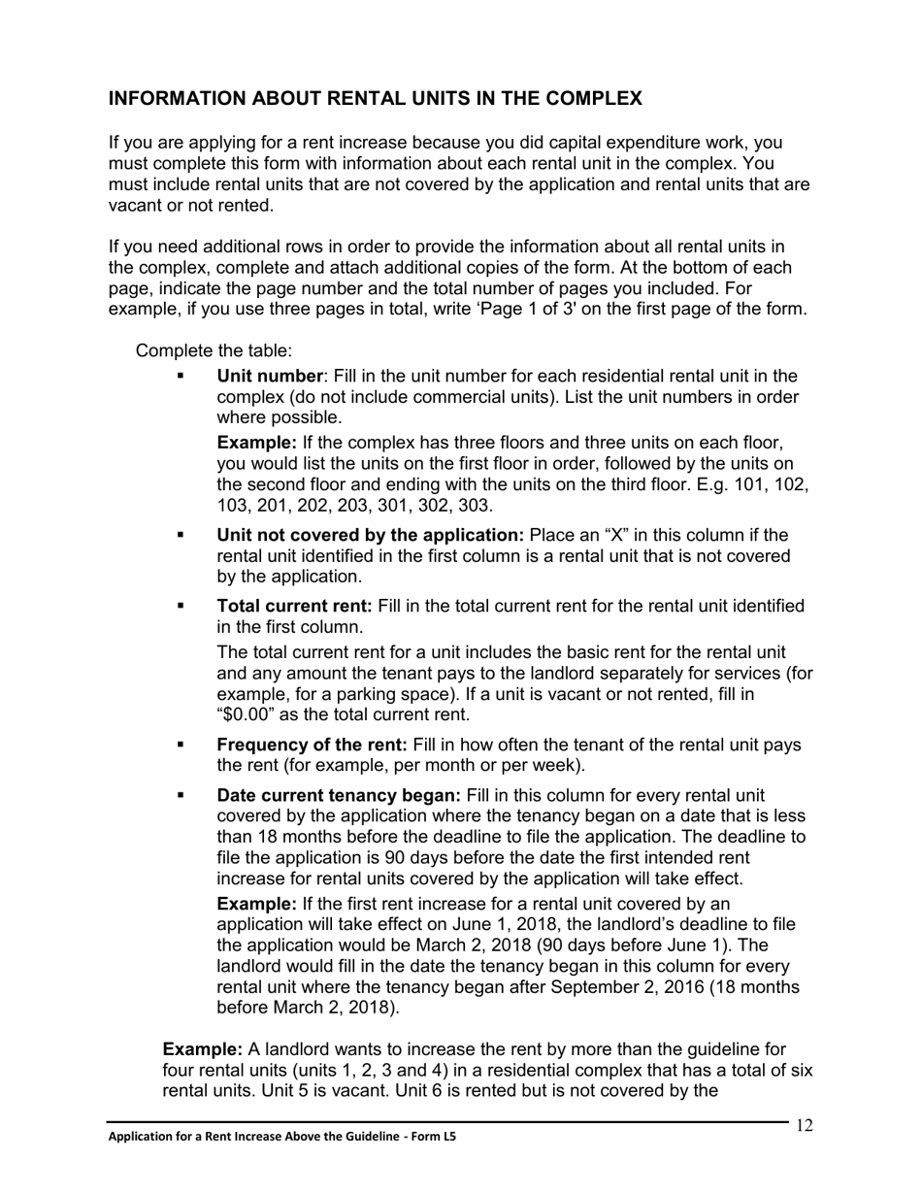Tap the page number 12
pyautogui.click(x=804, y=1125)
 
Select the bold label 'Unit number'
pyautogui.click(x=270, y=376)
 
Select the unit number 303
pyautogui.click(x=475, y=506)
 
